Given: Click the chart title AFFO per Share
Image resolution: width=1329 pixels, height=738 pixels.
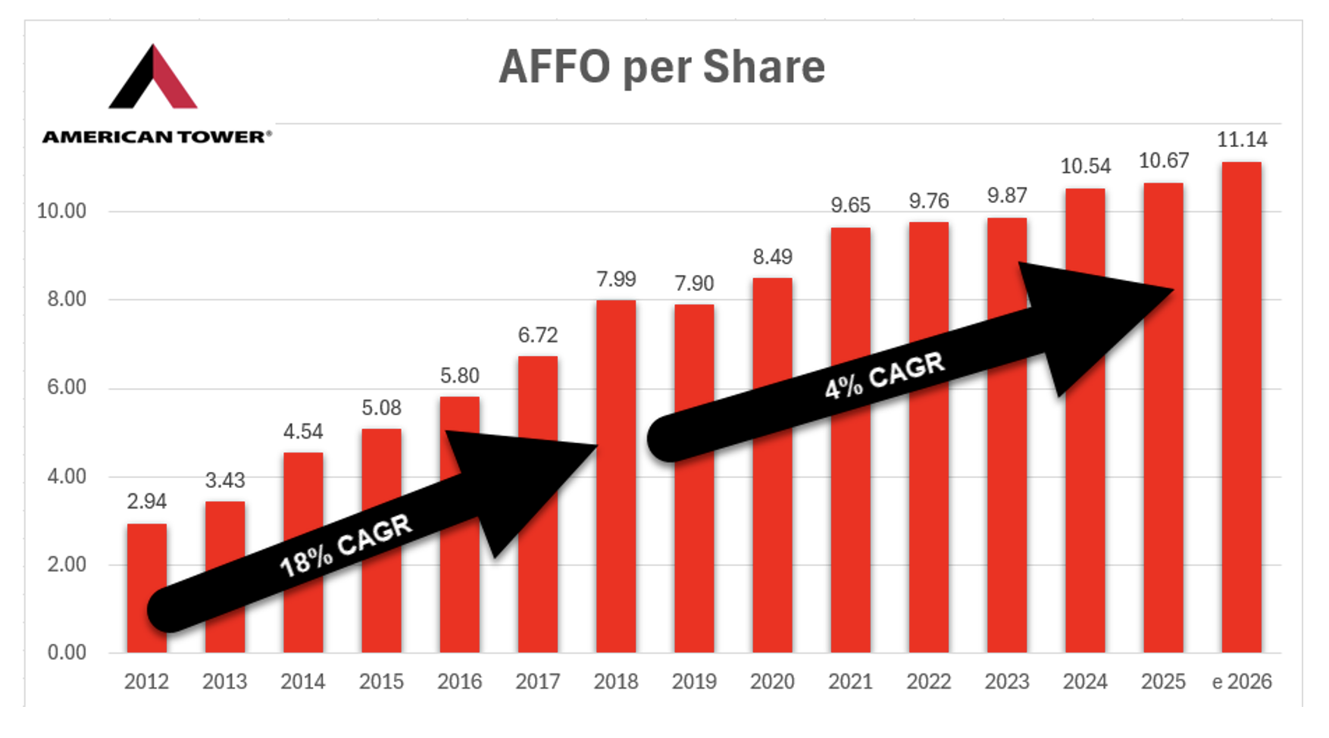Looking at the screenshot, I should (661, 67).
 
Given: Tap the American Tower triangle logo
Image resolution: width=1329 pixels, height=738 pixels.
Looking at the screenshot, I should (153, 78).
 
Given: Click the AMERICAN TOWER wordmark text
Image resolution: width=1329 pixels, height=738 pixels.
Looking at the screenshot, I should (156, 137).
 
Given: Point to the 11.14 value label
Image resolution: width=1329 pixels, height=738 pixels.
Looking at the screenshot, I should (1241, 140).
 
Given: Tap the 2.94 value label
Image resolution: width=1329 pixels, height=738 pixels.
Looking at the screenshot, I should (146, 502).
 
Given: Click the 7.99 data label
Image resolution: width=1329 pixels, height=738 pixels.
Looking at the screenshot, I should (616, 280).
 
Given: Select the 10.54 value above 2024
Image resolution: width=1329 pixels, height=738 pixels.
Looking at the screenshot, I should (1085, 167).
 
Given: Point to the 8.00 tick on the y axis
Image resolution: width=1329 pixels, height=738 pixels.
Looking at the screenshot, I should (67, 299).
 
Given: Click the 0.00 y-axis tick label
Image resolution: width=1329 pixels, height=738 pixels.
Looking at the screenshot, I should (67, 652).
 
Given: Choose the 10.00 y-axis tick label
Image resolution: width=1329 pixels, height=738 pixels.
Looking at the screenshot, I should (62, 211).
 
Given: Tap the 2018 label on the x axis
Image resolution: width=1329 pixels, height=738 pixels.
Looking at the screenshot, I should (616, 682).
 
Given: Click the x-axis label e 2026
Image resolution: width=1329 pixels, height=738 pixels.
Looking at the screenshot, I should (1241, 682).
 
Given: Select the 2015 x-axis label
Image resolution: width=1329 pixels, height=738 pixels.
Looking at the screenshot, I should (381, 682).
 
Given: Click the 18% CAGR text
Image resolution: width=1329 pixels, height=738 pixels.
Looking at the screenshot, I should (346, 546).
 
